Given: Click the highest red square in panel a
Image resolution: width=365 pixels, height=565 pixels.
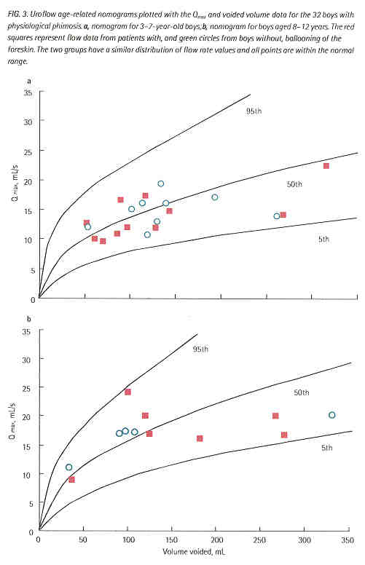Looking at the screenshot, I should click(326, 166).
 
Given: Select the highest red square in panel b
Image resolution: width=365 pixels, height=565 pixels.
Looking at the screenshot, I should click(127, 392).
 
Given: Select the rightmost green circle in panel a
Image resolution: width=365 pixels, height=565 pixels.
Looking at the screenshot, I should click(277, 216).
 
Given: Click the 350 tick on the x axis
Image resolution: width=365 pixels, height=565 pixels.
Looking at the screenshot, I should click(348, 542).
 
